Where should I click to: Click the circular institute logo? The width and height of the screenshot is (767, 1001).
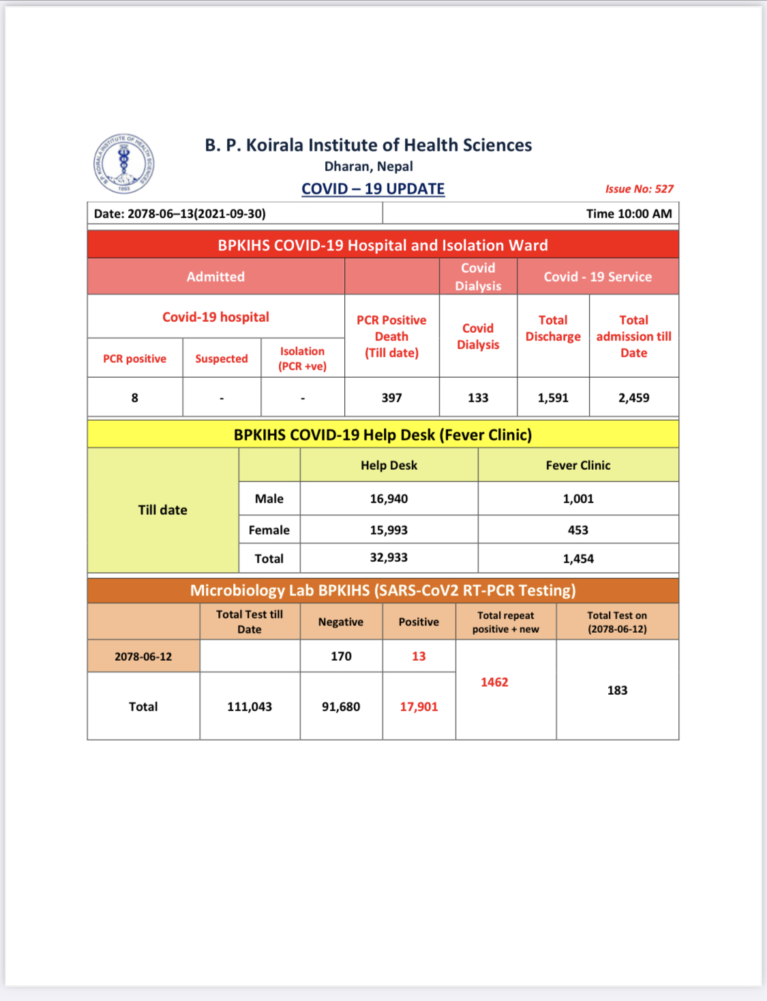click(123, 164)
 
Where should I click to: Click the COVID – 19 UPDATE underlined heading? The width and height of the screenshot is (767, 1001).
click(373, 189)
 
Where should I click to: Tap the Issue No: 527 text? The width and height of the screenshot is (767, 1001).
click(639, 189)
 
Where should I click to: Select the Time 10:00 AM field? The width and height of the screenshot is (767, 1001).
click(629, 213)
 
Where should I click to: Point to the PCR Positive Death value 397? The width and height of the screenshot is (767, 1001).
click(391, 398)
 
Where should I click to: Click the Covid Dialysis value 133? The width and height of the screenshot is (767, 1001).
click(478, 398)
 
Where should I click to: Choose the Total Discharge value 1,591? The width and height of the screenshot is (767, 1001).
click(553, 398)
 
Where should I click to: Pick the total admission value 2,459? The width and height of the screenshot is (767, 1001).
click(633, 398)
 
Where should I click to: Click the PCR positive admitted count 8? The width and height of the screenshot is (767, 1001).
click(135, 398)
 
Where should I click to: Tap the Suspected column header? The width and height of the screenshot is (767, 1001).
click(222, 359)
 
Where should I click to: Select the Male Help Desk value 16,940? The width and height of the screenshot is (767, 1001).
click(389, 498)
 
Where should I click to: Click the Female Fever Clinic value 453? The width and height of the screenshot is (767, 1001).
click(578, 530)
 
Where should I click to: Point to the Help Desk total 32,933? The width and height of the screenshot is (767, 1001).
click(389, 558)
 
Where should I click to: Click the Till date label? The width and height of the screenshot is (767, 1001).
click(162, 510)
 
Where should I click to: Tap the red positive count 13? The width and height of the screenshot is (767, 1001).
click(419, 656)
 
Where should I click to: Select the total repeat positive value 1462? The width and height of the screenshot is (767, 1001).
click(494, 682)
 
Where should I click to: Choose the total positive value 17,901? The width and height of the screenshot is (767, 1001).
click(419, 706)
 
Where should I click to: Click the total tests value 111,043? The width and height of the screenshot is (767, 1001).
click(250, 706)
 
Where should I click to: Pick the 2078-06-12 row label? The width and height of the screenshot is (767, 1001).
click(143, 657)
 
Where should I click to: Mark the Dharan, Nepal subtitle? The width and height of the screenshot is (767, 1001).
click(368, 166)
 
